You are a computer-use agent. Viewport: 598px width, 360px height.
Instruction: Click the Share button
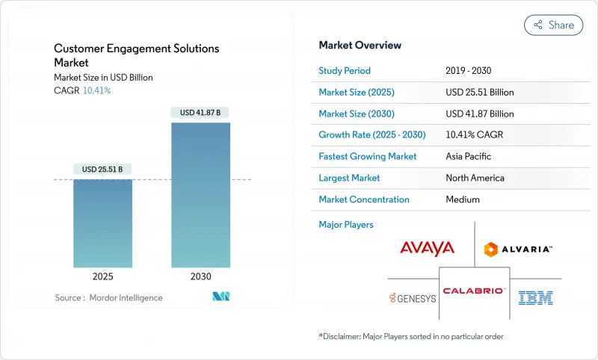553,25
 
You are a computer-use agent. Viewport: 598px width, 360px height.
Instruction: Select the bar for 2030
200,194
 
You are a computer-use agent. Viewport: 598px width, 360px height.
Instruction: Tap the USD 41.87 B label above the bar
200,113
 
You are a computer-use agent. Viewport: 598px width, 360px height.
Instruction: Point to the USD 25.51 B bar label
102,169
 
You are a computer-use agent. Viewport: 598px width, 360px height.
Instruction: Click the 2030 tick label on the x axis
200,276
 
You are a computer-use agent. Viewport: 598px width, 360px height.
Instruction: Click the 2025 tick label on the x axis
102,276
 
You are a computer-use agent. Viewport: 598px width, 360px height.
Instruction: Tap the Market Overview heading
360,46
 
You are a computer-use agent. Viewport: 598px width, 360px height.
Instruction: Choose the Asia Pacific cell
468,157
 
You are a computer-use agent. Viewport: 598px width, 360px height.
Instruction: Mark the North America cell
474,178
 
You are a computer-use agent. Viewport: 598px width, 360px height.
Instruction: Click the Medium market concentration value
462,199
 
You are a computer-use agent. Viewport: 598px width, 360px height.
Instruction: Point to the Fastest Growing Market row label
368,157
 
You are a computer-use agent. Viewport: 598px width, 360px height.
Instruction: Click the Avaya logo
427,248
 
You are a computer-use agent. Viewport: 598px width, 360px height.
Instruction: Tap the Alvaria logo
518,249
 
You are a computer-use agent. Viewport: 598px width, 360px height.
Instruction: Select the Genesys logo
412,298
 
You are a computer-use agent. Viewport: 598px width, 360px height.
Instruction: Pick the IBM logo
536,298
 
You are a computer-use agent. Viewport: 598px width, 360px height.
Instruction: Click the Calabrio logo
474,291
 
